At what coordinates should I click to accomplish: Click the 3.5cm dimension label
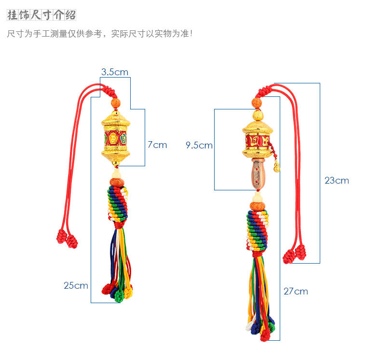(115, 72)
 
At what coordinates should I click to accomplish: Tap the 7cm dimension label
(157, 145)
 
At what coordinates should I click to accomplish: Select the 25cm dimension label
(76, 285)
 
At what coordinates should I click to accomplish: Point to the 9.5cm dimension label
(199, 145)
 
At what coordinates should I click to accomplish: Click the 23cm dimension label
(337, 181)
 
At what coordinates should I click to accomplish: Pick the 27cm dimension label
(296, 291)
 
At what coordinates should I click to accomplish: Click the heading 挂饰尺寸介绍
(41, 15)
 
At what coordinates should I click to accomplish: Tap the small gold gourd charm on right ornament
(277, 167)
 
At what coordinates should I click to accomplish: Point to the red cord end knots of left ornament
(67, 239)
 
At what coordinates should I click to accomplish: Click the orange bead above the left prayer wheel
(116, 103)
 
